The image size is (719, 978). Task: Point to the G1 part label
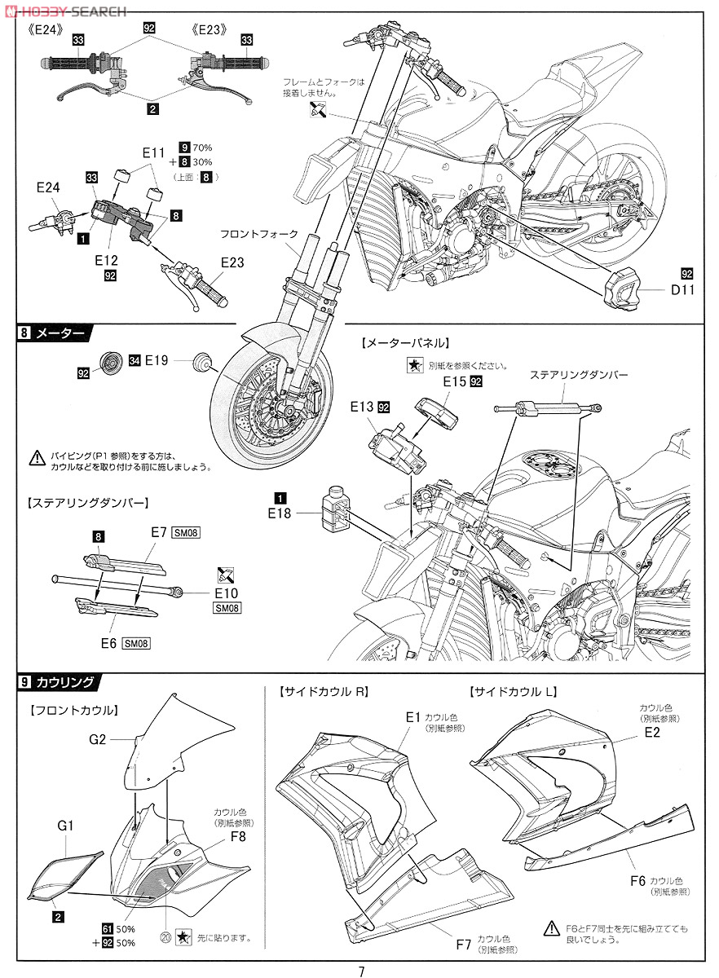point(66,826)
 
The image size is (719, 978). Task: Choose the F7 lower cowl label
point(464,945)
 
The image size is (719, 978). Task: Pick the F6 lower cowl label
point(638,880)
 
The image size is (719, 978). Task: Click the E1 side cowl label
point(413,717)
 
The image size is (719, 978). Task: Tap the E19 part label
point(157,359)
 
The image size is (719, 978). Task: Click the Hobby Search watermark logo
point(65,11)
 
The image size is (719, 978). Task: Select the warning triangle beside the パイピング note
point(36,458)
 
